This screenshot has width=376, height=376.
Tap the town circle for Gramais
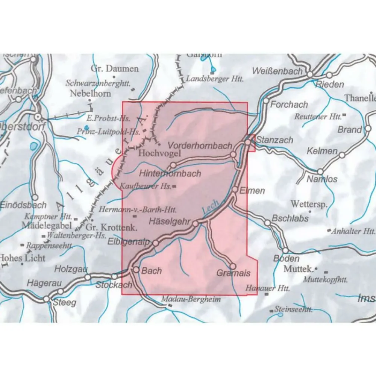coord(233,266)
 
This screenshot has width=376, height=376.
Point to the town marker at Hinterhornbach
coord(173,165)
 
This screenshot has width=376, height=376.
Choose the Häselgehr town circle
coord(196,224)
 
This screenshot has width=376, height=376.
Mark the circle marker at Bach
coord(136,270)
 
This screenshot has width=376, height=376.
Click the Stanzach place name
coord(274,140)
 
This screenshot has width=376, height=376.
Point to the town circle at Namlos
coord(320,171)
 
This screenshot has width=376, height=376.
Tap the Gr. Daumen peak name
coord(115,69)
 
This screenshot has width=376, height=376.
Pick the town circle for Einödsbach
coord(35,197)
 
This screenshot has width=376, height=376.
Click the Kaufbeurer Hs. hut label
coord(146,186)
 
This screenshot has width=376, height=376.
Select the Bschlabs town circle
coord(267,223)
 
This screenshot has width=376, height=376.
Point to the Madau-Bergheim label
coord(191,300)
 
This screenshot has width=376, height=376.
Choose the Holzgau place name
coord(71,269)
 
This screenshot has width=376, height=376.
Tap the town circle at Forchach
coord(266,101)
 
